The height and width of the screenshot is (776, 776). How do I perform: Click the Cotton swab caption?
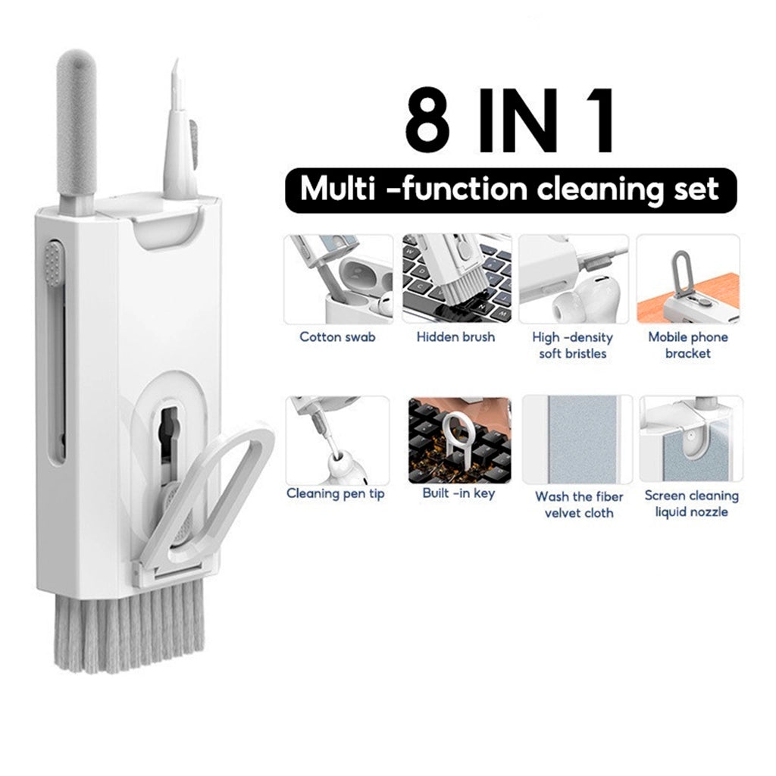(337, 337)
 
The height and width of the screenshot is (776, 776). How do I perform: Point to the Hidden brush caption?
(455, 337)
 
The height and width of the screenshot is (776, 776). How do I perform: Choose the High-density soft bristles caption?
(573, 345)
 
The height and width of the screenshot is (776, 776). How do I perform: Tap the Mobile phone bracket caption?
(688, 345)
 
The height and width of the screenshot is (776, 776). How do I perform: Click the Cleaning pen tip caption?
(336, 494)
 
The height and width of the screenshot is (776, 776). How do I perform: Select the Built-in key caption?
(458, 493)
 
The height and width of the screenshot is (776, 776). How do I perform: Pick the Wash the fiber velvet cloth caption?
(579, 504)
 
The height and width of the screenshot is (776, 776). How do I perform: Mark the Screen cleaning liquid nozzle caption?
(691, 504)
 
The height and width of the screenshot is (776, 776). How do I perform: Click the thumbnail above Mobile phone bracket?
(688, 279)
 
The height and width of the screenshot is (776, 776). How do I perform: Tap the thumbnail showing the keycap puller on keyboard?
(460, 440)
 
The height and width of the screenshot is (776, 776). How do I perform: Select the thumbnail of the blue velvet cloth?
(577, 440)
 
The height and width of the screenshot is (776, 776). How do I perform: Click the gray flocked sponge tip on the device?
(76, 124)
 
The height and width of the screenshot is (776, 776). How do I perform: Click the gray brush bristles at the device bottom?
(129, 627)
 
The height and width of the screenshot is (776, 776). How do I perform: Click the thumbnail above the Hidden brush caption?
(457, 279)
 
